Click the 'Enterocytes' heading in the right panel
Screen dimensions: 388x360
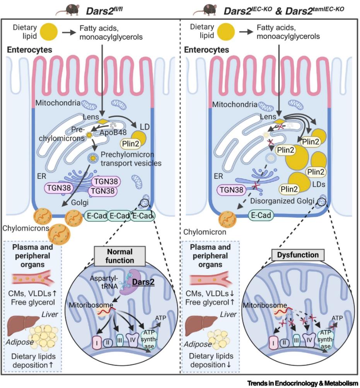coord(206,50)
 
